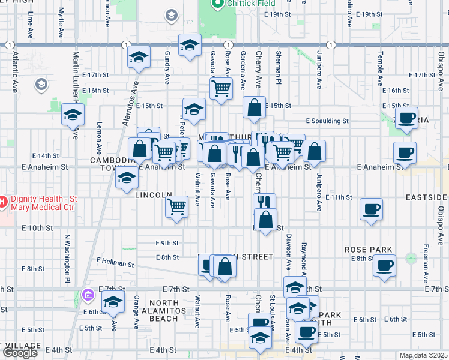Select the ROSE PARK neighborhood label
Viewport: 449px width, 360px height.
point(368,250)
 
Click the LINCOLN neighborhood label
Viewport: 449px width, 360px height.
point(154,196)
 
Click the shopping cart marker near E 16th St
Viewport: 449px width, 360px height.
point(221,88)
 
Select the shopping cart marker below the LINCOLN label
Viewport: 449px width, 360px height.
point(176,206)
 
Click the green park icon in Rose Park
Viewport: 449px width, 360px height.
point(411,259)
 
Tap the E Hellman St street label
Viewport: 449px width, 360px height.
point(115,263)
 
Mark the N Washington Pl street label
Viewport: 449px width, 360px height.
point(68,259)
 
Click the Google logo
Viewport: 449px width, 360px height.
point(20,353)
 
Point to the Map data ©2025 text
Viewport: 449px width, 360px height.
point(423,355)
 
